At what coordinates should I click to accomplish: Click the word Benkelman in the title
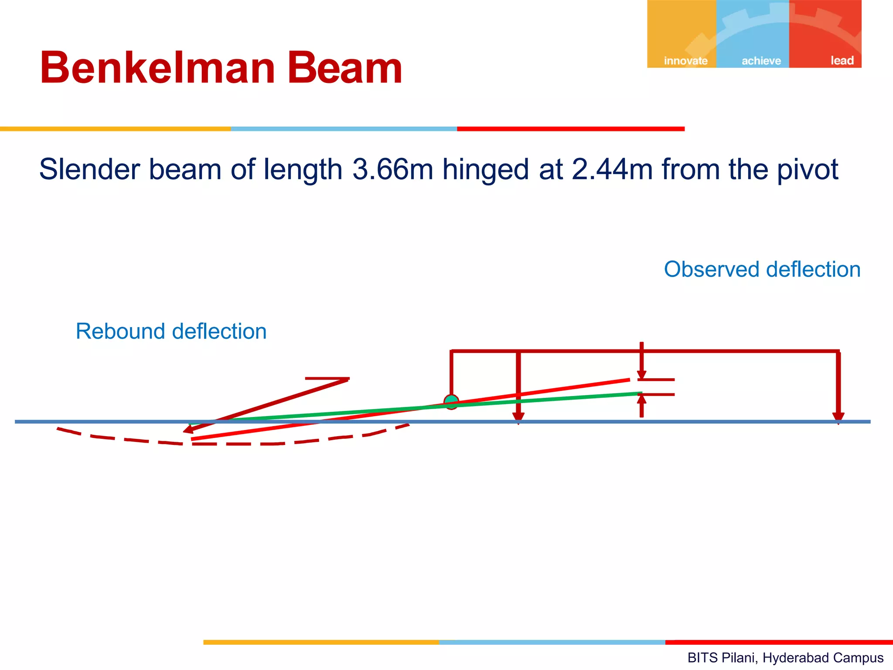[x=157, y=68]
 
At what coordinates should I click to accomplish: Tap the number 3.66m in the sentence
[x=392, y=169]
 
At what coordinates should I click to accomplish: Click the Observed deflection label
[x=762, y=269]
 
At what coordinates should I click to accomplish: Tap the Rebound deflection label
[x=171, y=331]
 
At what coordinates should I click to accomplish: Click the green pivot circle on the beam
[x=451, y=402]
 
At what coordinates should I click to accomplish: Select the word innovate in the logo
[x=685, y=61]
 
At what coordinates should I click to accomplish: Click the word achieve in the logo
[x=761, y=61]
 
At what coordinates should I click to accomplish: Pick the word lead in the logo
[x=842, y=60]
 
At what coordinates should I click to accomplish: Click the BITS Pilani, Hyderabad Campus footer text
[x=785, y=657]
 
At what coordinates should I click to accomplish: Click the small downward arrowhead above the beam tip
[x=641, y=375]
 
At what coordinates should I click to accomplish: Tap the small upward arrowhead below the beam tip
[x=641, y=399]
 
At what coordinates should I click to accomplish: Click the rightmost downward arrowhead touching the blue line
[x=838, y=418]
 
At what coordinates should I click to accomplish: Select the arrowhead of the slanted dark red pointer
[x=190, y=429]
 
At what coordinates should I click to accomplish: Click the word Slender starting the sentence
[x=90, y=169]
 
